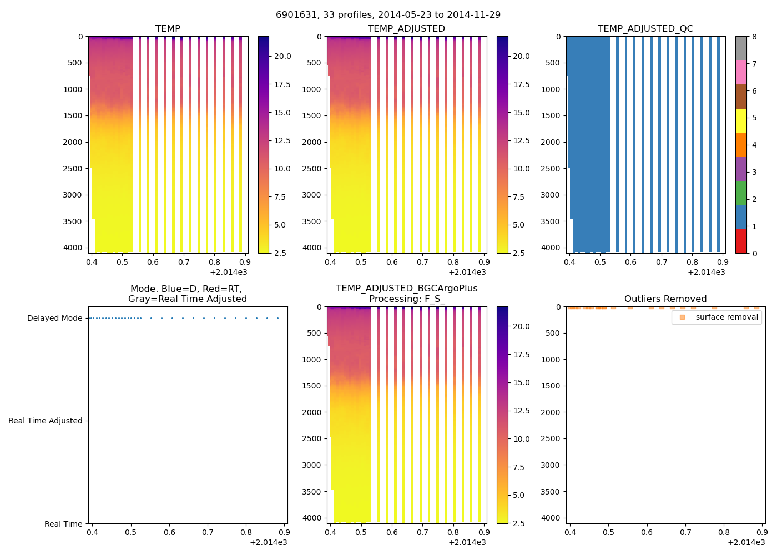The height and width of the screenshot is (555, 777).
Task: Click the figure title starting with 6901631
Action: pos(388,14)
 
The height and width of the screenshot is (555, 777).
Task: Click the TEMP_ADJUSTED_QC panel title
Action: pos(645,28)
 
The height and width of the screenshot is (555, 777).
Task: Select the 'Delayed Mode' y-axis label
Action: pos(54,318)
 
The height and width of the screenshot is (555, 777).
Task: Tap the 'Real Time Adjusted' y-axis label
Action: pos(46,421)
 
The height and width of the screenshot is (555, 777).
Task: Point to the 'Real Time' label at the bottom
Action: pos(63,524)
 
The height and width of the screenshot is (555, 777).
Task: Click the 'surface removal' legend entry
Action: pos(726,317)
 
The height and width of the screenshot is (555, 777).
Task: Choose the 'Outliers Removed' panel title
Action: pos(665,299)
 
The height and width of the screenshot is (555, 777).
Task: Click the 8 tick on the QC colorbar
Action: pos(754,37)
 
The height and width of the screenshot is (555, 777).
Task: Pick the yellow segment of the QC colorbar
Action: pos(741,120)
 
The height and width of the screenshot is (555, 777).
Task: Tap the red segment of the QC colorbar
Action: pos(741,241)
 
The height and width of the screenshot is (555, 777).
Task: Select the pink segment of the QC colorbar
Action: pos(741,72)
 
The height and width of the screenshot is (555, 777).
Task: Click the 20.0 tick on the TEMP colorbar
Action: pos(282,56)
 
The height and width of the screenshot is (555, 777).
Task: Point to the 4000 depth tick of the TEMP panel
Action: pos(72,248)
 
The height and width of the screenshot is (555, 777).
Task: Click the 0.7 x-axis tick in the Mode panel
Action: pos(208,532)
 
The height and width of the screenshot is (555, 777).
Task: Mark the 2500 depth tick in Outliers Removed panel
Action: pos(550,438)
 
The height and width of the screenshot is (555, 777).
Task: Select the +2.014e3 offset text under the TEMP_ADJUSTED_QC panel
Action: pos(706,272)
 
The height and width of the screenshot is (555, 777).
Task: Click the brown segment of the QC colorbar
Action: pos(741,96)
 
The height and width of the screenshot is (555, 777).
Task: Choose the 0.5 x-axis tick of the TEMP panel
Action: pos(122,262)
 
